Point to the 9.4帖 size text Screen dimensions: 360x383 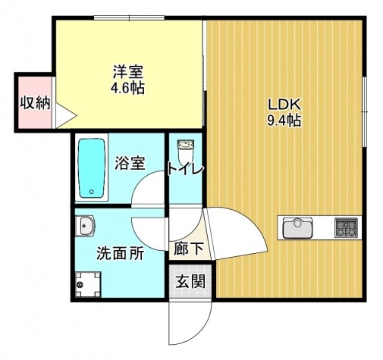[284, 120]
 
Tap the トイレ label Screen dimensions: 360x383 [186, 169]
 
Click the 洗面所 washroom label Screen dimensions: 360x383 [120, 254]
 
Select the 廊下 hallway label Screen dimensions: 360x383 [186, 247]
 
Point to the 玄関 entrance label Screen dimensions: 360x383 [190, 282]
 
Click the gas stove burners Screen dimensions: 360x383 [348, 226]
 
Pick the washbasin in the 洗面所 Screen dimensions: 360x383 [85, 225]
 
